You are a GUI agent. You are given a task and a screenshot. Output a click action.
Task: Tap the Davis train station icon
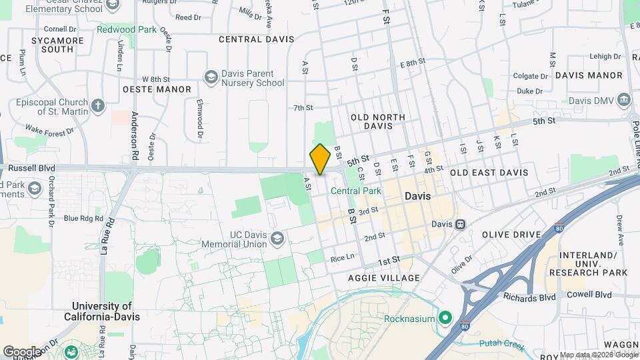point(461,225)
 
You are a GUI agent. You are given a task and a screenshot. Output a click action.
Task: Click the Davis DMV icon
point(625,101)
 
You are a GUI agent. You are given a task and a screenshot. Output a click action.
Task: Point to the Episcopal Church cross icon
point(97,106)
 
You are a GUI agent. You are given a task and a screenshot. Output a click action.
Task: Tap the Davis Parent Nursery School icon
point(211,77)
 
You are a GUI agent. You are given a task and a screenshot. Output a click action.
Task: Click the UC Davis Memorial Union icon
point(277,238)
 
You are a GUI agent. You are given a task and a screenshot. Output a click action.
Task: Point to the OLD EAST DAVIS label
point(489,173)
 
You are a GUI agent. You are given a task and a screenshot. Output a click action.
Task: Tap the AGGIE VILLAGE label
point(384,278)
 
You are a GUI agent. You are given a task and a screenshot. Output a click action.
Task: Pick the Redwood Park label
point(126,29)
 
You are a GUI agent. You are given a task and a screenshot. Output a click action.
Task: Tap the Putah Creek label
point(501,345)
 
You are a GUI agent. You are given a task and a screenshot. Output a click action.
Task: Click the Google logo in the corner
point(22,351)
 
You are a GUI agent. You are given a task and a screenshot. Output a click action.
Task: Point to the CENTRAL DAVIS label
point(257,39)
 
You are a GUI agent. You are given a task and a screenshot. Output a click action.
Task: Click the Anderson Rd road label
point(135,134)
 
